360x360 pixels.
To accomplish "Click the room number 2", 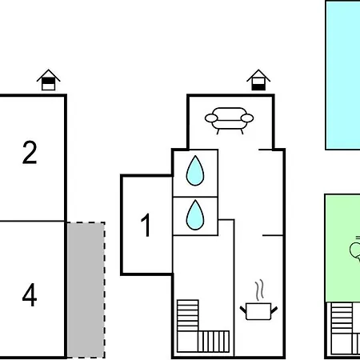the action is (30, 153).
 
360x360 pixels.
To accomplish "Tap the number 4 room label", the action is (30, 294).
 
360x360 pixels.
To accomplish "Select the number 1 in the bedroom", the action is (146, 225).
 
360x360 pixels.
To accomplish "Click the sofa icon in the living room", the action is (229, 121).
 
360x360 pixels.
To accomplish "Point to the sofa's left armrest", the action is (211, 118).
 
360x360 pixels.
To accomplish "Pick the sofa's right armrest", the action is (247, 118).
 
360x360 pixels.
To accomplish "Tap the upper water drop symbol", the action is (195, 170).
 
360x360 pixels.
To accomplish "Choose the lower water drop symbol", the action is (195, 215).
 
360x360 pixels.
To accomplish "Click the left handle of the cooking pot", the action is (243, 310).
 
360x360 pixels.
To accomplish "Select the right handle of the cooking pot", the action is (274, 310).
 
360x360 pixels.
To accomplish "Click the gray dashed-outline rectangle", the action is (86, 290).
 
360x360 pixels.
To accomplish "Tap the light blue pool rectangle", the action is (342, 75).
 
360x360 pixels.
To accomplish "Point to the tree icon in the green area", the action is (355, 250).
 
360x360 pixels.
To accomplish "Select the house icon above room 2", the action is (49, 80).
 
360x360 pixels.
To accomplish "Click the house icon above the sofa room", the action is (258, 80).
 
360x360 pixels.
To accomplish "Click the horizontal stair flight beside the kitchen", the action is (214, 342).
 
